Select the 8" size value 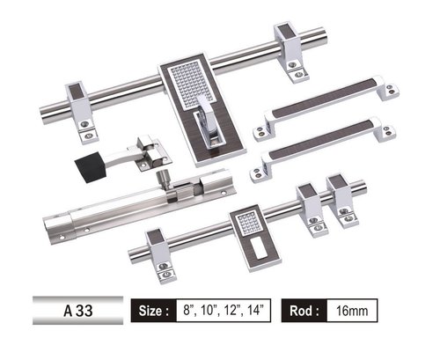pos(188,310)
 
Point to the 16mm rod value pos(356,310)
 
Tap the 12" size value pos(232,310)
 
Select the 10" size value pos(209,310)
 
